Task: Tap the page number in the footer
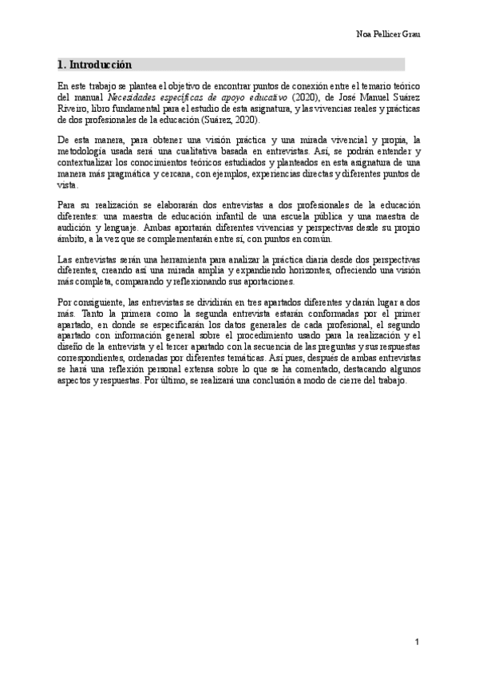(417, 642)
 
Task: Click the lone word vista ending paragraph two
(68, 184)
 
